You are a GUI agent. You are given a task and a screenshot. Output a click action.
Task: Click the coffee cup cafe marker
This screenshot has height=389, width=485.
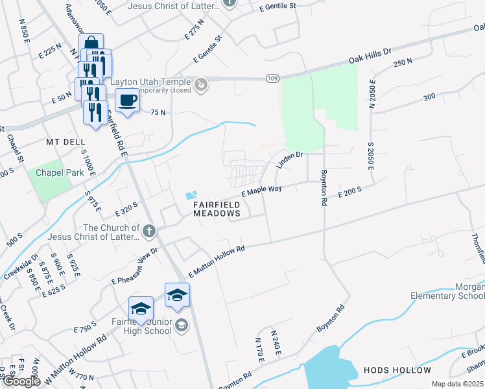127,101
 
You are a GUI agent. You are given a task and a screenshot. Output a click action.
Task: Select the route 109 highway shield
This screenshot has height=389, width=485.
272,78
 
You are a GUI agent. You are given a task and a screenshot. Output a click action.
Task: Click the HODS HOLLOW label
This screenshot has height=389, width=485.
397,370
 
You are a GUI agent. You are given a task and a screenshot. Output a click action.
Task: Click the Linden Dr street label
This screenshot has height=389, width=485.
290,159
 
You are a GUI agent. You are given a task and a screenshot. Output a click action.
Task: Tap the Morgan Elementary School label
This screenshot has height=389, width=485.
447,292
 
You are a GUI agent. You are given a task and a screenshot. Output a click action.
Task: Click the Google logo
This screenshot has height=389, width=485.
22,382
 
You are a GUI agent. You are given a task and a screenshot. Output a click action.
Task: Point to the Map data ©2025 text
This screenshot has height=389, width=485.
457,384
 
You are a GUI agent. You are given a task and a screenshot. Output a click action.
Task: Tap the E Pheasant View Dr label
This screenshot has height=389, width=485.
136,266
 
